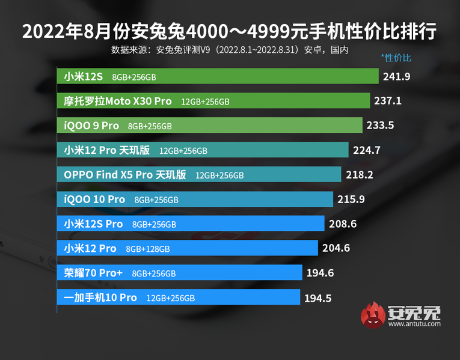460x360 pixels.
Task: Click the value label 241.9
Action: [397, 76]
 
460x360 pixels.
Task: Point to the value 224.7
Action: [367, 150]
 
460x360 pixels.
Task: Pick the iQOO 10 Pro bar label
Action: [94, 199]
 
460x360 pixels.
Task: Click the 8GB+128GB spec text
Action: [148, 249]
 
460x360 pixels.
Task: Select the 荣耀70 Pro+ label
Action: [93, 273]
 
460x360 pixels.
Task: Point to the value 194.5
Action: [318, 297]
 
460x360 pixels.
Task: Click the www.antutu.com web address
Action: [414, 324]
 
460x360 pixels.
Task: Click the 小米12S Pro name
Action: [93, 224]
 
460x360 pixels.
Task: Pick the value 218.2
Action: [359, 175]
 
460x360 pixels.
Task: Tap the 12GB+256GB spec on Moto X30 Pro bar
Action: [205, 102]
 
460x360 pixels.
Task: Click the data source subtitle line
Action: [230, 50]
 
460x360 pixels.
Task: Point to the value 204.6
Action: [337, 248]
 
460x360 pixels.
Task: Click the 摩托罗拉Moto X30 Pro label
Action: [118, 101]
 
